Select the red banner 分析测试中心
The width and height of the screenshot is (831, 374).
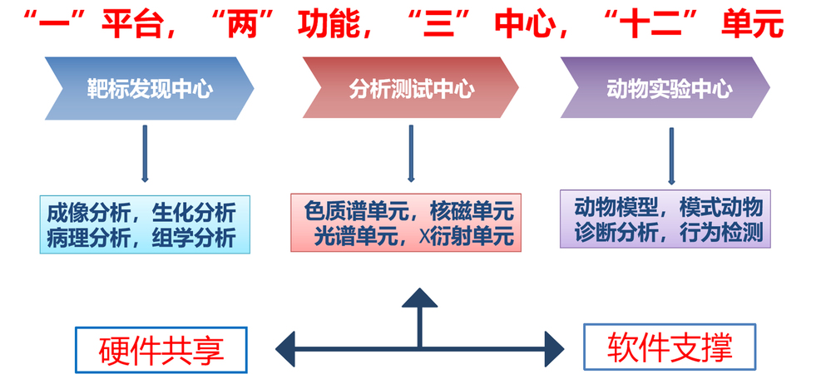click(411, 88)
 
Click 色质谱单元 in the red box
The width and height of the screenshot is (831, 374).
click(341, 209)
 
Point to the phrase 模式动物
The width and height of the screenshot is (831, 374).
click(725, 206)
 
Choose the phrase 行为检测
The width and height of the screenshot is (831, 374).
click(725, 233)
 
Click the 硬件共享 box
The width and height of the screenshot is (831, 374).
click(161, 348)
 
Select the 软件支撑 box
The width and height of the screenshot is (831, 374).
click(670, 346)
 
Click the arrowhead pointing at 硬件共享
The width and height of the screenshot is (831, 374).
click(287, 347)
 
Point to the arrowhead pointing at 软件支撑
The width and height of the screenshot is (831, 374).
click(552, 347)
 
